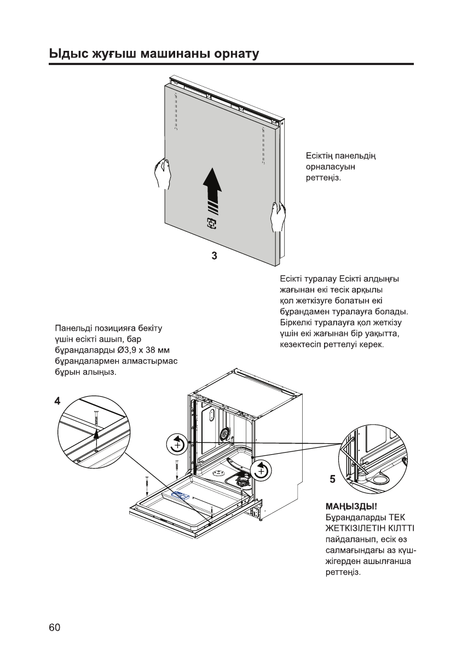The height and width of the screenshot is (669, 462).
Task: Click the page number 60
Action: coord(54,627)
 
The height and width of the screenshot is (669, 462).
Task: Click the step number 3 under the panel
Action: coord(215,256)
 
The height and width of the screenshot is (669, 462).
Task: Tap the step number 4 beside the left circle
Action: coord(57,401)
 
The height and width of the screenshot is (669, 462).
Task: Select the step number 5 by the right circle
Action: coord(332,479)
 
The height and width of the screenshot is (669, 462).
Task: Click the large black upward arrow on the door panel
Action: coord(212,189)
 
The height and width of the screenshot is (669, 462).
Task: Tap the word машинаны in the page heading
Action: coord(168,54)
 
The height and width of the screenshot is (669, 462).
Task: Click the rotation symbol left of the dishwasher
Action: coord(176,444)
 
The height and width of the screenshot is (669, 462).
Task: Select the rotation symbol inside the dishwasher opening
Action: coord(261,470)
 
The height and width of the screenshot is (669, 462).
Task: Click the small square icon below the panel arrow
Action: coord(211,223)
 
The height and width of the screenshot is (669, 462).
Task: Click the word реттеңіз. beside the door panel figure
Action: coord(324,178)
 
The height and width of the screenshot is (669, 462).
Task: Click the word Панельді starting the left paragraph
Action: coord(74,328)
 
